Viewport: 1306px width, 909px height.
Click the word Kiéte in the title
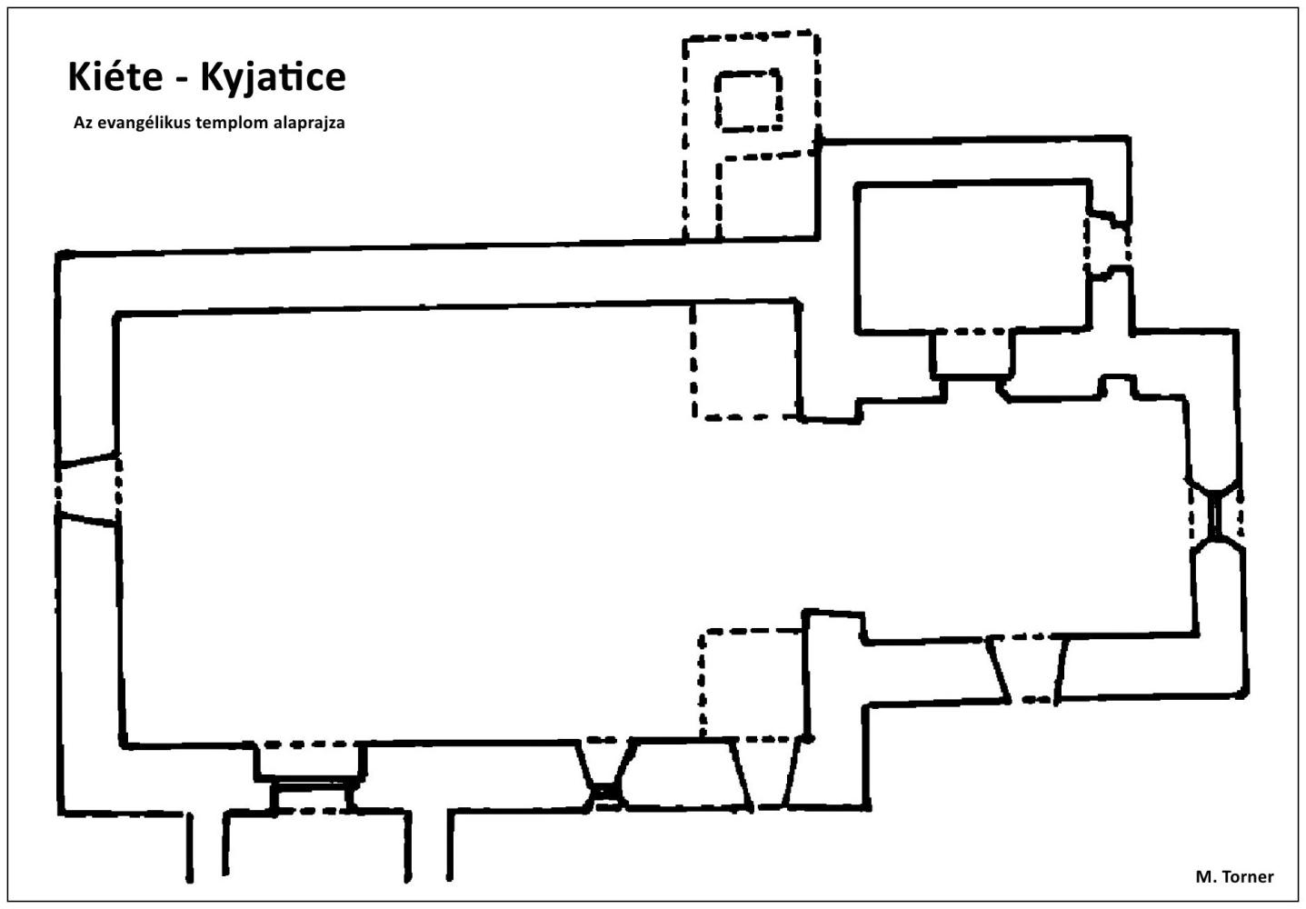(x=115, y=76)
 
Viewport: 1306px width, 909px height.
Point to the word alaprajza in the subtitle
(x=309, y=124)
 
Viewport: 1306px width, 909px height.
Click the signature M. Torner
(x=1234, y=876)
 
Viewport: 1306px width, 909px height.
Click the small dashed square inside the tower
(x=749, y=101)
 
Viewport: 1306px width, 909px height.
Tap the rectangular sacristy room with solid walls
(x=972, y=257)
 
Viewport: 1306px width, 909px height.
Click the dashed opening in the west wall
(x=88, y=489)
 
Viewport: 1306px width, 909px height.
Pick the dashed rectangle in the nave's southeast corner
(x=753, y=684)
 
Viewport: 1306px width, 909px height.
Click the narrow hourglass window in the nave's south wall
(x=606, y=774)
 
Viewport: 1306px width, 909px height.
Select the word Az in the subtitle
(x=84, y=123)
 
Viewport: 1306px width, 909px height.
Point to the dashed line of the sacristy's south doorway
(x=971, y=331)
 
